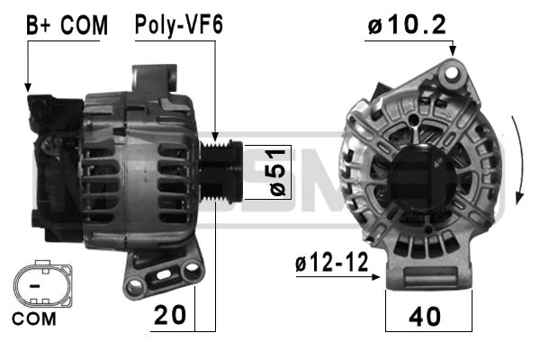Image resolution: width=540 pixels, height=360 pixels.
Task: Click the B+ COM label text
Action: click(67, 25)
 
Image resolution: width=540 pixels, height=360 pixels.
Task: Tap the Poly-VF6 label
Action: click(179, 25)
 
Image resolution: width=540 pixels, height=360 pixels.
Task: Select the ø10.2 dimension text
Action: click(407, 25)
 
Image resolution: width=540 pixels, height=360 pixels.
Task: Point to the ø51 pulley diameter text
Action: click(278, 173)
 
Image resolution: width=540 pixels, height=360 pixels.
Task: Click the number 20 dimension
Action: click(170, 315)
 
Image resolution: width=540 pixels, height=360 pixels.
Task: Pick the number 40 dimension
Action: click(425, 317)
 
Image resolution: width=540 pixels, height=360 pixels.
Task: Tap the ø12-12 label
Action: click(331, 263)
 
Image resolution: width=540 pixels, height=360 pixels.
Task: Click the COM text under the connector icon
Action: click(34, 319)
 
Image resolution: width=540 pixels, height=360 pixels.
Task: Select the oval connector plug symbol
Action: click(42, 284)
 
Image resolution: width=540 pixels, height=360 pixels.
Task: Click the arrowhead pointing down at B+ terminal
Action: click(28, 87)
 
